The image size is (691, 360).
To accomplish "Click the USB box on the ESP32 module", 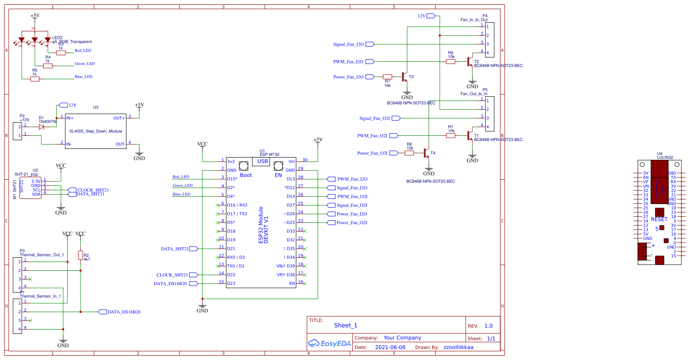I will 263,161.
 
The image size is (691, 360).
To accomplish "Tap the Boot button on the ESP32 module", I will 244,166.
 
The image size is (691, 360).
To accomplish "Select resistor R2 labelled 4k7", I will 81,256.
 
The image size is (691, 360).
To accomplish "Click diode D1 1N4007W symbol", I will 41,127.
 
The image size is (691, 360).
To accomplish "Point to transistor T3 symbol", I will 405,77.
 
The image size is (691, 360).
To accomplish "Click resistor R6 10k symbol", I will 451,62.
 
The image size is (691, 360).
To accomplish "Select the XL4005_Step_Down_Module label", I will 96,131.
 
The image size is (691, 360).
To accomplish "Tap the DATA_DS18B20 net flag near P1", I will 103,312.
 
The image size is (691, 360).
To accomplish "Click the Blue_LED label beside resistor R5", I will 84,77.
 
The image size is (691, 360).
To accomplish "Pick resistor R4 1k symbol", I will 48,66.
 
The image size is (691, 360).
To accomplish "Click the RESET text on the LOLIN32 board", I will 659,219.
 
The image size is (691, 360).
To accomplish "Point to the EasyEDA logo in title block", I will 330,343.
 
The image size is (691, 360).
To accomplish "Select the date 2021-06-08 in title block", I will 390,347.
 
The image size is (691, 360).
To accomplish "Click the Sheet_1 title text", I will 346,326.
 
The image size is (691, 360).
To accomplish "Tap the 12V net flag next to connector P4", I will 431,16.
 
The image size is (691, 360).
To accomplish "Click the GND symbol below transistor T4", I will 429,170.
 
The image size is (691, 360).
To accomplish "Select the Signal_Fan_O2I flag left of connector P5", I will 396,118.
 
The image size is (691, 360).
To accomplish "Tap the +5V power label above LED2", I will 35,16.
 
